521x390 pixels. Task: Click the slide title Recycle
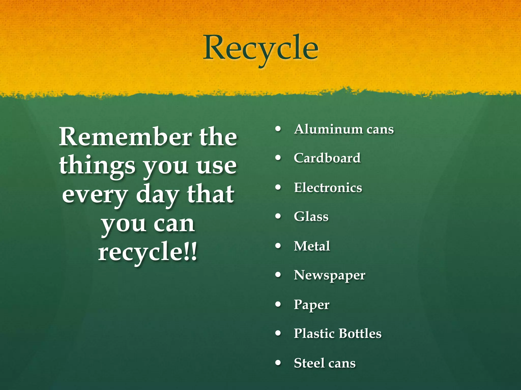pyautogui.click(x=260, y=48)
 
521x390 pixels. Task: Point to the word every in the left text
pyautogui.click(x=95, y=195)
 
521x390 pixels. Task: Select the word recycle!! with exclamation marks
pyautogui.click(x=148, y=251)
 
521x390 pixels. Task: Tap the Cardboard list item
pyautogui.click(x=327, y=158)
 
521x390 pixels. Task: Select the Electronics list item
pyautogui.click(x=328, y=188)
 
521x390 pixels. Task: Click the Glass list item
pyautogui.click(x=311, y=217)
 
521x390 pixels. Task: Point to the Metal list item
pyautogui.click(x=312, y=246)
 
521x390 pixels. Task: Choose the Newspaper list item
pyautogui.click(x=329, y=275)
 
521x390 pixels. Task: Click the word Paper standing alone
pyautogui.click(x=311, y=305)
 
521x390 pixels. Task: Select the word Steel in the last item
pyautogui.click(x=307, y=363)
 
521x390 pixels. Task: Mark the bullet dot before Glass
pyautogui.click(x=278, y=217)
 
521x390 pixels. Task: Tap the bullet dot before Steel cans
pyautogui.click(x=278, y=363)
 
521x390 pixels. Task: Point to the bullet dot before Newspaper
pyautogui.click(x=278, y=275)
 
